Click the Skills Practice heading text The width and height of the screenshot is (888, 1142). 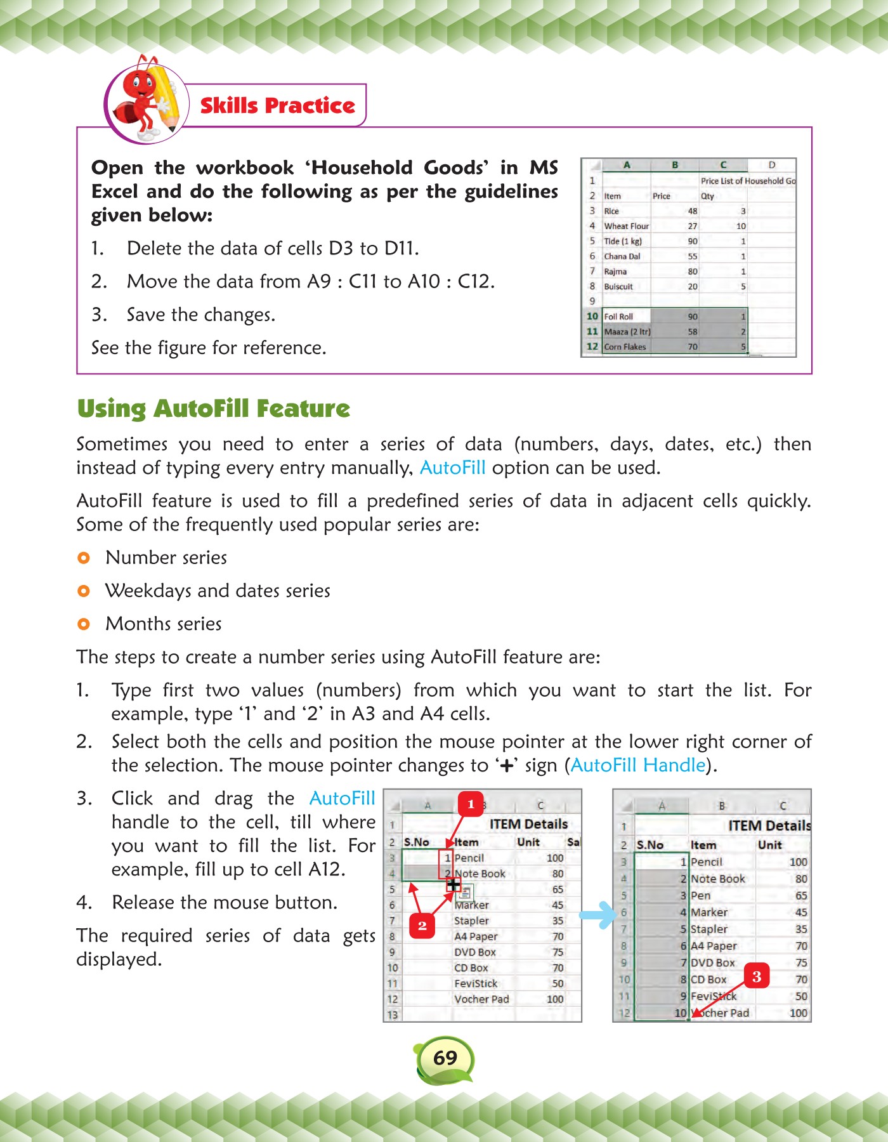tap(277, 105)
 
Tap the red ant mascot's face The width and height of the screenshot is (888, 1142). tap(140, 82)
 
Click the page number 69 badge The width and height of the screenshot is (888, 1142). tap(445, 1058)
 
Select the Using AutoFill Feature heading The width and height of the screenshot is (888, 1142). tap(213, 409)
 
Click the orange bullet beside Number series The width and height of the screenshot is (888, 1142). tap(83, 558)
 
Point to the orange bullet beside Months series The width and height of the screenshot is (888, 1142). tap(83, 624)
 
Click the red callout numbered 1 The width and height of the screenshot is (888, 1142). tap(470, 804)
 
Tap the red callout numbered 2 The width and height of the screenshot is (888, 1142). tap(422, 926)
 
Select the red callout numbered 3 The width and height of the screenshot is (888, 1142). tap(756, 976)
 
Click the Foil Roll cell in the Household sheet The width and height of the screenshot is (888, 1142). tap(618, 317)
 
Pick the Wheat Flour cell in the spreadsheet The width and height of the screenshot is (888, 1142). tap(626, 226)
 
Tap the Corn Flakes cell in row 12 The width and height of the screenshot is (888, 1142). tap(625, 346)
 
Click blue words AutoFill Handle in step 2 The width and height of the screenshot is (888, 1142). tap(638, 765)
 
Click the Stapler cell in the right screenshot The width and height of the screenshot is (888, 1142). tap(708, 929)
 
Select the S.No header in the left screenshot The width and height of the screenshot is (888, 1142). tap(416, 842)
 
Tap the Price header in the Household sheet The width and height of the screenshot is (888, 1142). tap(661, 196)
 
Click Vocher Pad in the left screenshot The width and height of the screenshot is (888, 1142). tap(481, 999)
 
